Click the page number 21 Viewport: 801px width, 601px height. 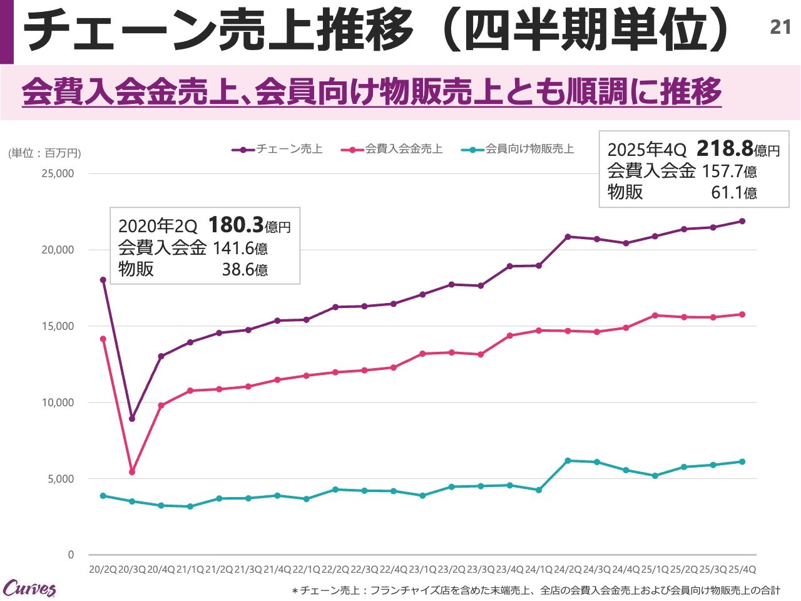coord(780,27)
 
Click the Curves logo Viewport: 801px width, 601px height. coord(29,588)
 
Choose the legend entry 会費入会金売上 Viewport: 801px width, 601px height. coord(392,149)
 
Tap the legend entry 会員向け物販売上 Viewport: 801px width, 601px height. coord(518,149)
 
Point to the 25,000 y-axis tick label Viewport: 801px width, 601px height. coord(58,173)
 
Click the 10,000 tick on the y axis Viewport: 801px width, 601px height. coord(58,403)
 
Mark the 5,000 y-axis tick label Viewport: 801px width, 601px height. coord(60,479)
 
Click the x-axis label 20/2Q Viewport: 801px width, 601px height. coord(103,570)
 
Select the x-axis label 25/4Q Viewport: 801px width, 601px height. coord(742,570)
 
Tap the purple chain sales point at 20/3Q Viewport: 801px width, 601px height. coord(132,419)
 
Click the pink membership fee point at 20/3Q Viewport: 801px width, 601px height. coord(132,472)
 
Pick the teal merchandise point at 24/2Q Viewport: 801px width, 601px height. coord(568,461)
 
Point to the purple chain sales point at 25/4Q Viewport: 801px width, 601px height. coord(742,221)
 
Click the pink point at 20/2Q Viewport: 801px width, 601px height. coord(103,339)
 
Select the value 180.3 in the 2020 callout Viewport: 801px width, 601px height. coord(235,225)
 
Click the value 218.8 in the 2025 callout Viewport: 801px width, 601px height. coord(724,148)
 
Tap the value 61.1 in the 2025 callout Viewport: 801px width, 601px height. coord(726,192)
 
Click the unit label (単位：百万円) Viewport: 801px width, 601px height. coord(44,153)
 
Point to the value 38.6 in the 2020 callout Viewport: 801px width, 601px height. coord(237,270)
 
